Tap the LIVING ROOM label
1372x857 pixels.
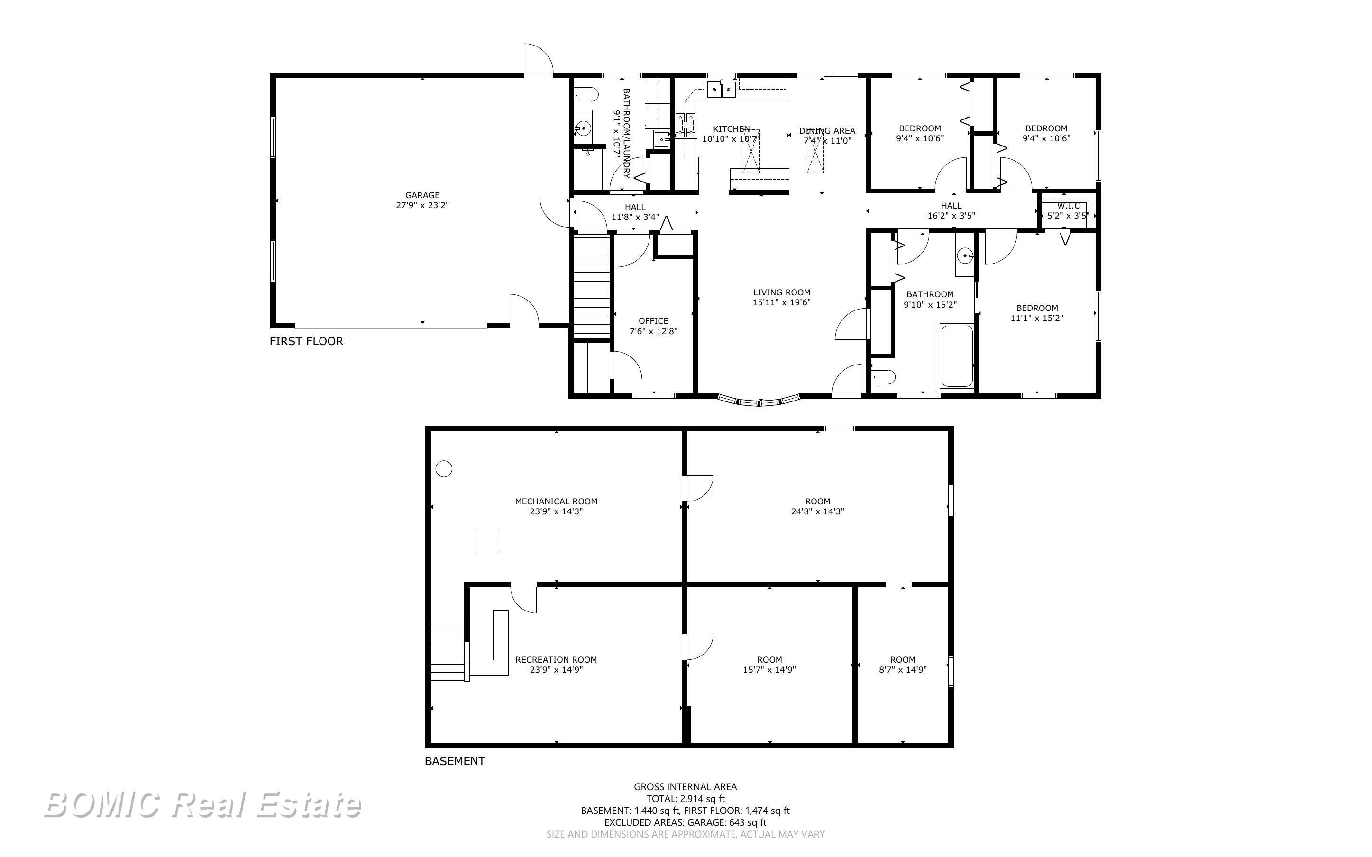click(x=781, y=292)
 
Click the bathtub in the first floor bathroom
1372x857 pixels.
click(x=957, y=356)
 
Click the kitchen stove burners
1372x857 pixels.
click(x=685, y=125)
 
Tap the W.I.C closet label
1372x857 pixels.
click(x=1068, y=206)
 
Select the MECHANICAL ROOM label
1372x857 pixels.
click(x=556, y=501)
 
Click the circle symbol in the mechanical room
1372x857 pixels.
click(x=444, y=469)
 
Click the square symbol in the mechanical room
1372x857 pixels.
click(x=485, y=541)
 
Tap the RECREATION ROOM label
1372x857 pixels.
click(x=556, y=660)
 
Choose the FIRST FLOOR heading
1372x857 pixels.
click(x=306, y=341)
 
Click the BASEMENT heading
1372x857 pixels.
click(x=455, y=761)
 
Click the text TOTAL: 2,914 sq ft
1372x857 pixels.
click(x=685, y=799)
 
